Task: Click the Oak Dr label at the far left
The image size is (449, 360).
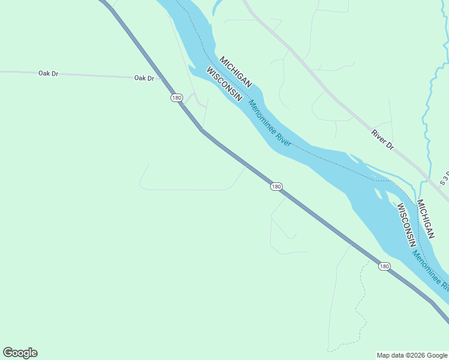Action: (x=47, y=73)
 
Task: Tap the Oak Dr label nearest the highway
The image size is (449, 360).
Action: (x=144, y=78)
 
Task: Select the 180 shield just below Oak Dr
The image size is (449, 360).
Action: (x=176, y=97)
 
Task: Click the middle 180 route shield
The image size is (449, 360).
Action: (x=276, y=187)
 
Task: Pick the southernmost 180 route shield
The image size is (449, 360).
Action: (x=384, y=266)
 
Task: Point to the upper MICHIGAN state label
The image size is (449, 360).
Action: (x=235, y=73)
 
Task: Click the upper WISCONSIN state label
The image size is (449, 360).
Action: (x=224, y=84)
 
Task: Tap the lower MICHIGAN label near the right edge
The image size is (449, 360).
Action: (x=426, y=220)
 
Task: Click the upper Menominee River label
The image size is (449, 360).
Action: (x=270, y=123)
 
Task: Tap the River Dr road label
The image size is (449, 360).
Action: (x=382, y=140)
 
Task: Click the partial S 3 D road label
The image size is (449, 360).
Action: (x=444, y=177)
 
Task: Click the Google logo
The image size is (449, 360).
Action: (x=20, y=353)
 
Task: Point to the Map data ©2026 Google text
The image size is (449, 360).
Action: (x=412, y=355)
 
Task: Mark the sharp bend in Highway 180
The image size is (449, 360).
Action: (x=202, y=129)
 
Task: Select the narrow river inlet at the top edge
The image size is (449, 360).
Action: (x=216, y=7)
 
